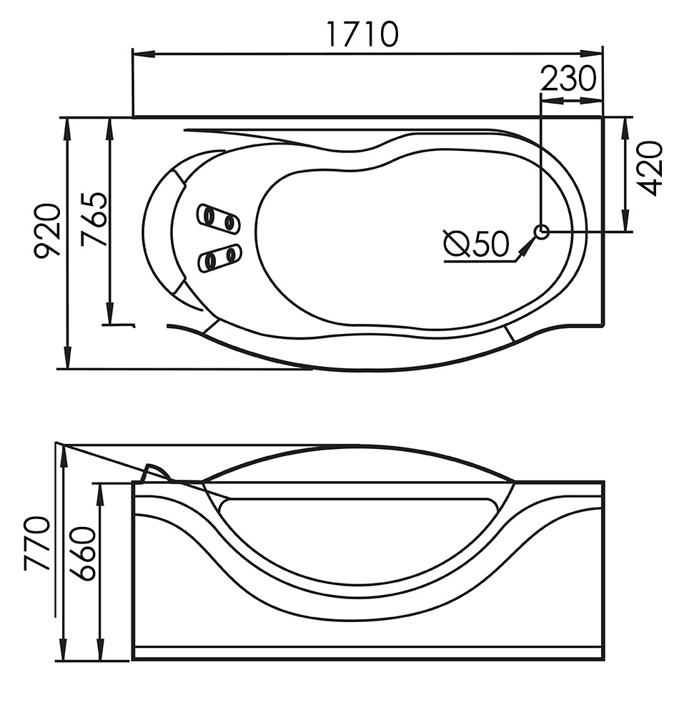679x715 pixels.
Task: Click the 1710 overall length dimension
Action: (x=363, y=34)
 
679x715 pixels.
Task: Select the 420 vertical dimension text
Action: (x=648, y=169)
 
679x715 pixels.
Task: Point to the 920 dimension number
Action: (x=47, y=231)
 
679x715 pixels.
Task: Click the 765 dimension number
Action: (x=94, y=220)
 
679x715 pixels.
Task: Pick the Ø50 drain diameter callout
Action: (x=476, y=243)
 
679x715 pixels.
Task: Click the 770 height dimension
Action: (x=36, y=543)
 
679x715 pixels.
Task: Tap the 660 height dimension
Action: (x=82, y=554)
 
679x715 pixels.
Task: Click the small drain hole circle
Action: (x=542, y=232)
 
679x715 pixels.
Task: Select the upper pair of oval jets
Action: (x=219, y=218)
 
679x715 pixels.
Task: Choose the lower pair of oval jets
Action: (x=219, y=259)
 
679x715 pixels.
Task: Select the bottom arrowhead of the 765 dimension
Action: (x=109, y=313)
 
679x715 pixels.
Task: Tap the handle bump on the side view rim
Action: (x=156, y=473)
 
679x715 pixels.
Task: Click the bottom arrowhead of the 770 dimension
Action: (x=64, y=648)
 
